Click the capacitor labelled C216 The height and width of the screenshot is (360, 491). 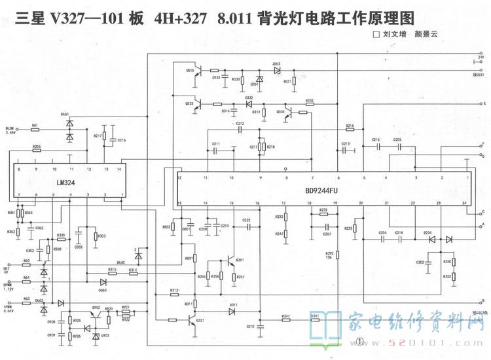(x=113, y=140)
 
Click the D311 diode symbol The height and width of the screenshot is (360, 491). (x=232, y=312)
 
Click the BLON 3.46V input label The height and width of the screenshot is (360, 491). (x=10, y=130)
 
